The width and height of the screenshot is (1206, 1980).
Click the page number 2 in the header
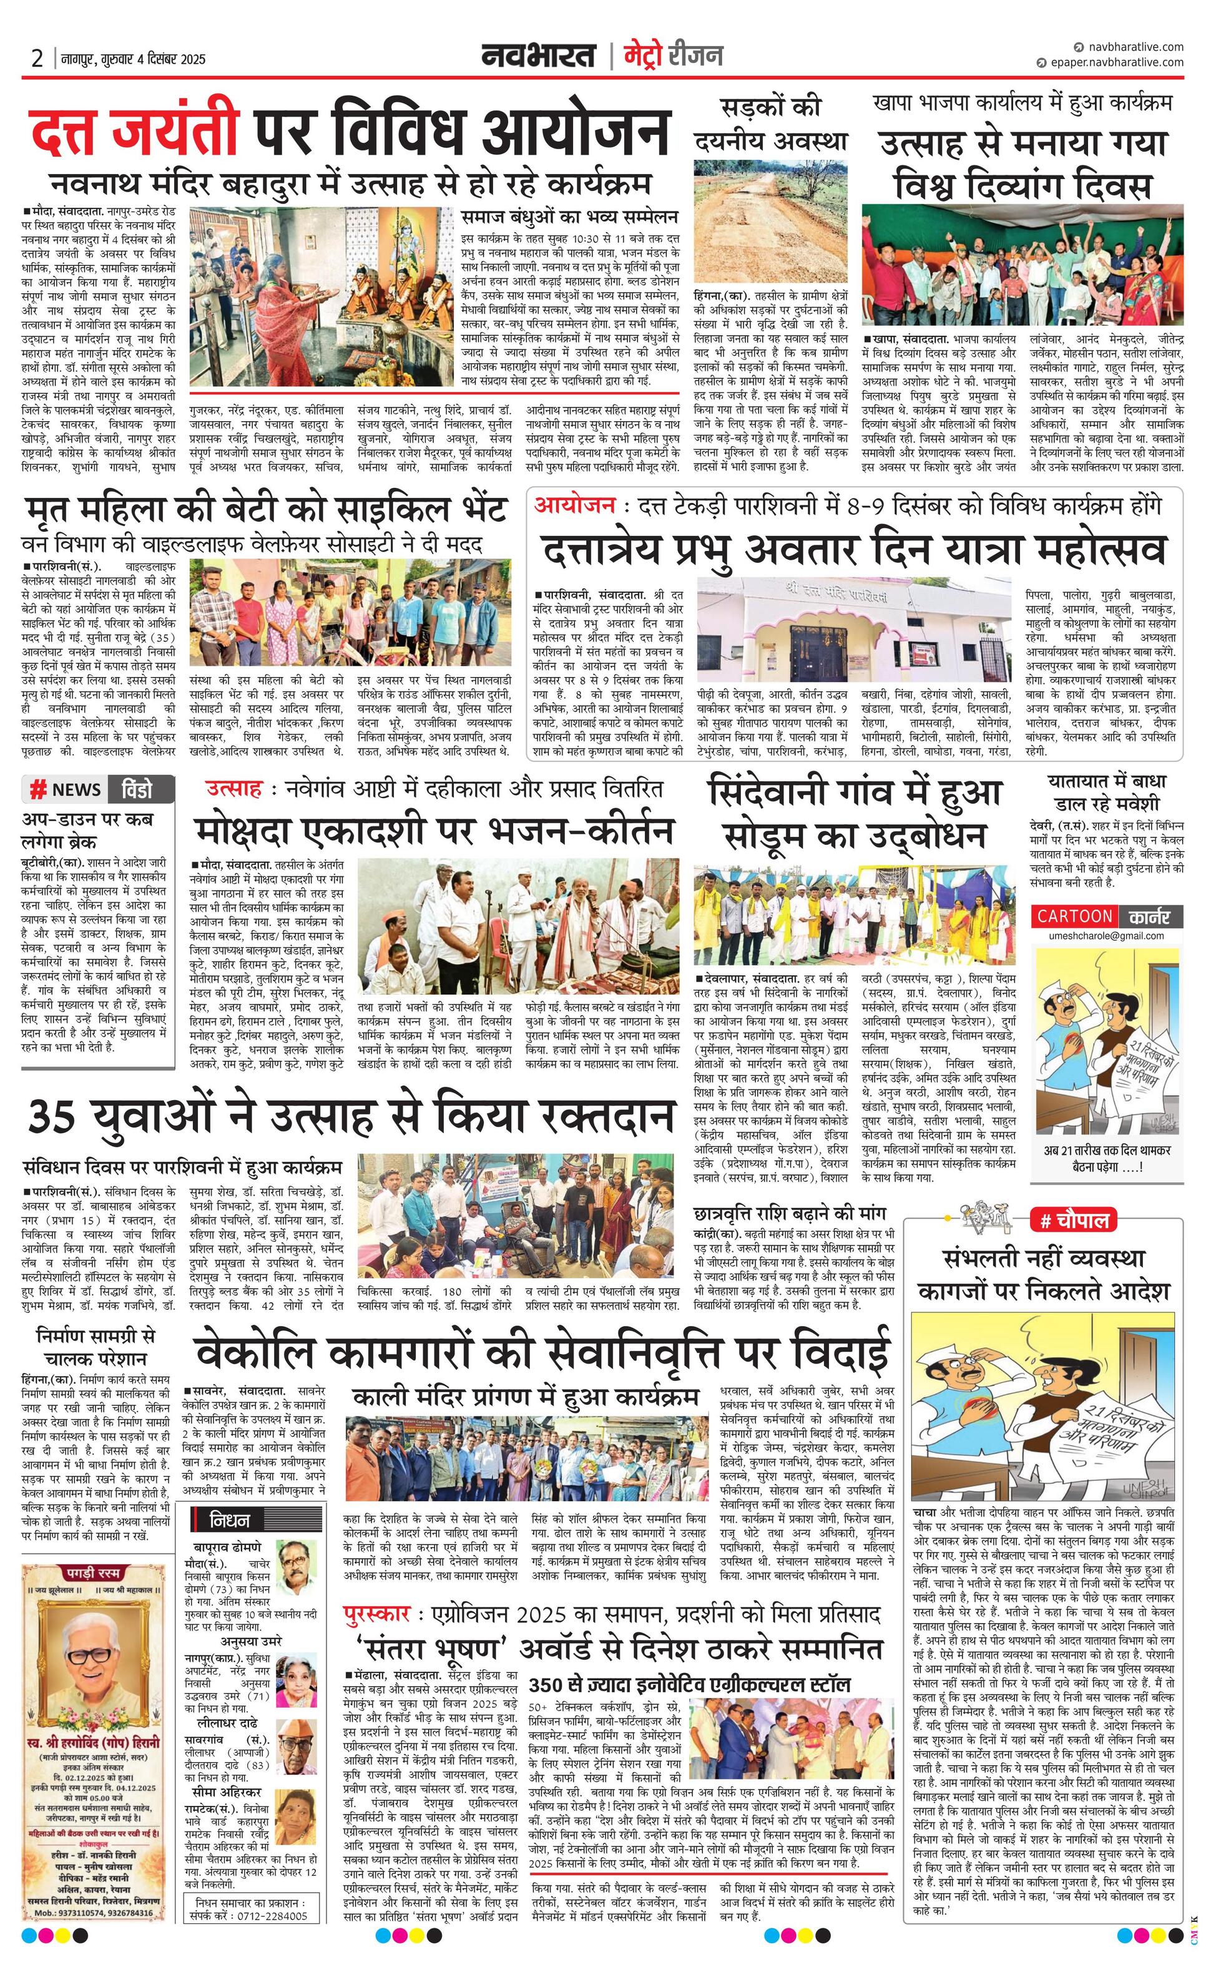[x=36, y=59]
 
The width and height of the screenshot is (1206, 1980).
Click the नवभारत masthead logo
[x=538, y=56]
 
